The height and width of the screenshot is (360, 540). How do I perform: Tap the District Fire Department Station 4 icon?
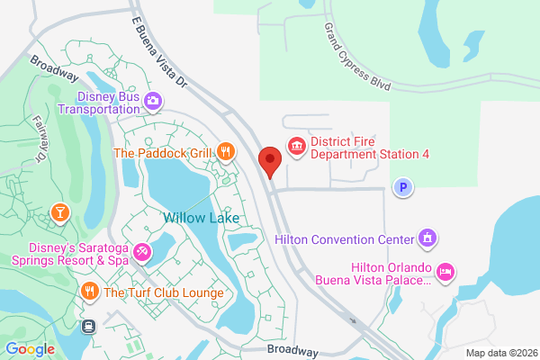[x=296, y=145]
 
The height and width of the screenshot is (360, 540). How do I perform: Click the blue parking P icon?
[x=403, y=187]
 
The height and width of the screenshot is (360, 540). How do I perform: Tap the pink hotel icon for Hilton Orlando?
[x=444, y=271]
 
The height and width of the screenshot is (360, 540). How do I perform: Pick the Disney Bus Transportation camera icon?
[x=153, y=100]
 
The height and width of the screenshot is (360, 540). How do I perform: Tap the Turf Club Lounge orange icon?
[x=89, y=292]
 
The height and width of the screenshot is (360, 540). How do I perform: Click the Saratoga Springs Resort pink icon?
[x=142, y=253]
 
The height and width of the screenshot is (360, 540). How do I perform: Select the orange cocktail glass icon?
[x=59, y=212]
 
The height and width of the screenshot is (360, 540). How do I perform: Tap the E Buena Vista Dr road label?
[x=161, y=55]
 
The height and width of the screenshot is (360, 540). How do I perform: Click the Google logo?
[x=30, y=349]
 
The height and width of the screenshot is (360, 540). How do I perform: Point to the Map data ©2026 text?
[x=499, y=351]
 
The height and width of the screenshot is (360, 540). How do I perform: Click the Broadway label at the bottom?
[x=292, y=350]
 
